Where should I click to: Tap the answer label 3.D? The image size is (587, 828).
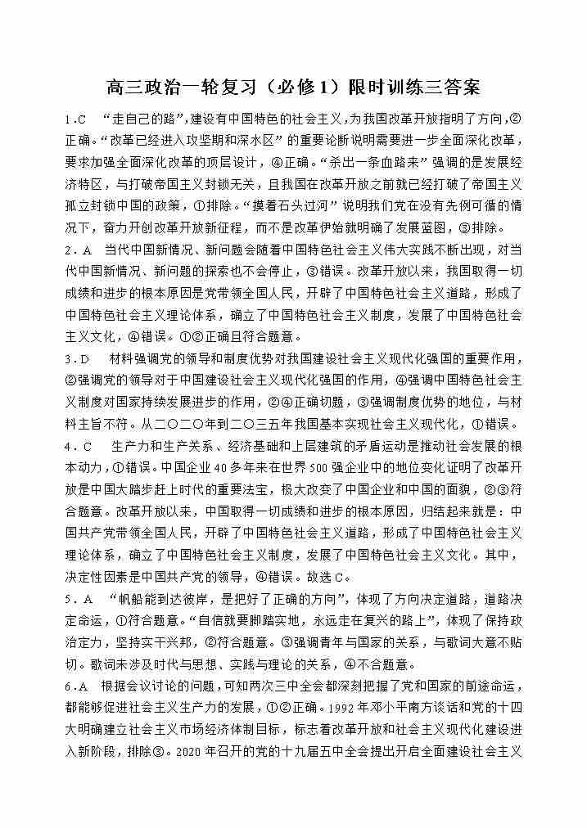[x=76, y=359]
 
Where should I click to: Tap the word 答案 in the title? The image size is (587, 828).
[x=459, y=86]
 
